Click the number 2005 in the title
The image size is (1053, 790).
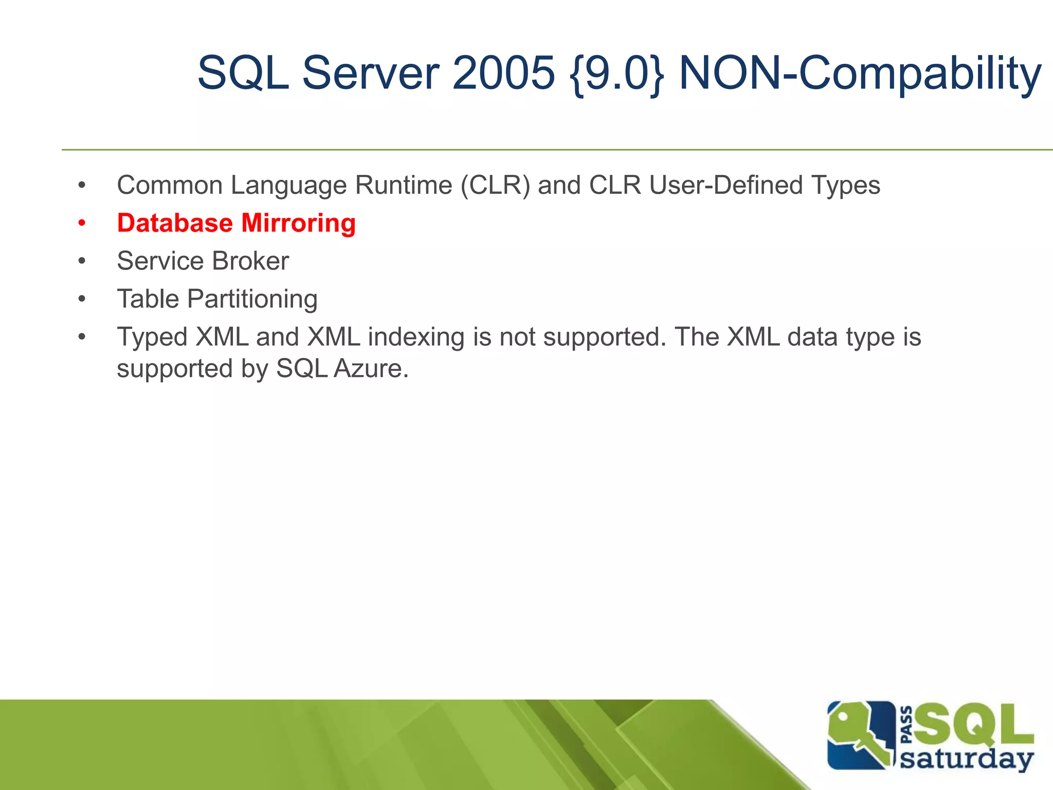pos(503,73)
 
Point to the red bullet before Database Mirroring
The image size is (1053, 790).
pos(82,224)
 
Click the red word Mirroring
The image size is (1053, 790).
pos(298,223)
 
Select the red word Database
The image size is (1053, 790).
pos(175,223)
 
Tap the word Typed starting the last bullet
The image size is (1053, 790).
pos(152,337)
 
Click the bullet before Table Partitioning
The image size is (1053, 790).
pos(82,299)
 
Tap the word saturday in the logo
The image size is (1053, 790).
pos(967,759)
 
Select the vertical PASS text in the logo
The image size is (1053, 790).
pos(907,725)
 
